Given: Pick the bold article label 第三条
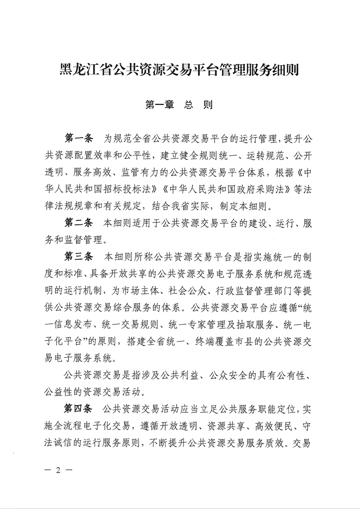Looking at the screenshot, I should [79, 256].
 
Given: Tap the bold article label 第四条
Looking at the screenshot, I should [79, 408].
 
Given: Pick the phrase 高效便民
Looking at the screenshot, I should [260, 425].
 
